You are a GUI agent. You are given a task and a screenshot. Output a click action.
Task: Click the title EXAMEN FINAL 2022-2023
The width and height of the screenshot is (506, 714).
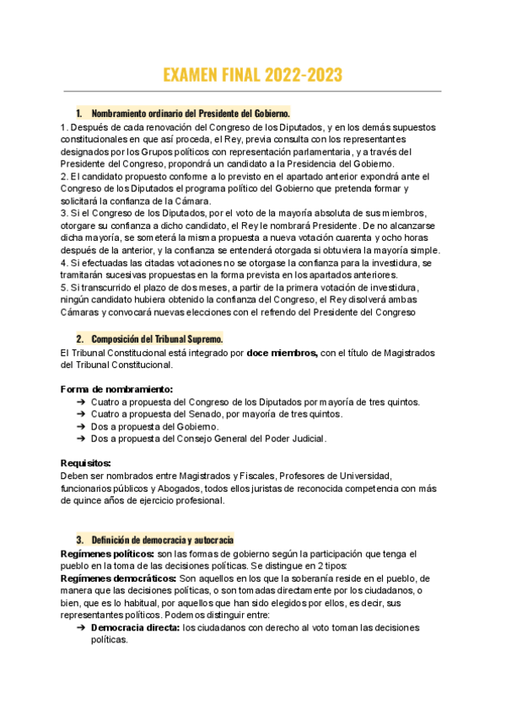coord(252,74)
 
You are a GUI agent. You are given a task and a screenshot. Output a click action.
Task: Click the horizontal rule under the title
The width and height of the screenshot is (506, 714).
coord(252,91)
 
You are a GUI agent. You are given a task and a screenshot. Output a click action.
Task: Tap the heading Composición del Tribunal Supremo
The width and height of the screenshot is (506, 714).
coord(157,338)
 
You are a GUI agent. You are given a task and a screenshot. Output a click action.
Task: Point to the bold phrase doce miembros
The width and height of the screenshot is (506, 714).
coord(282,353)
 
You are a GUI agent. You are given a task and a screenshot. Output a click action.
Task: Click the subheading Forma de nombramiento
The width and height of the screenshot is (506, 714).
coord(116,389)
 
